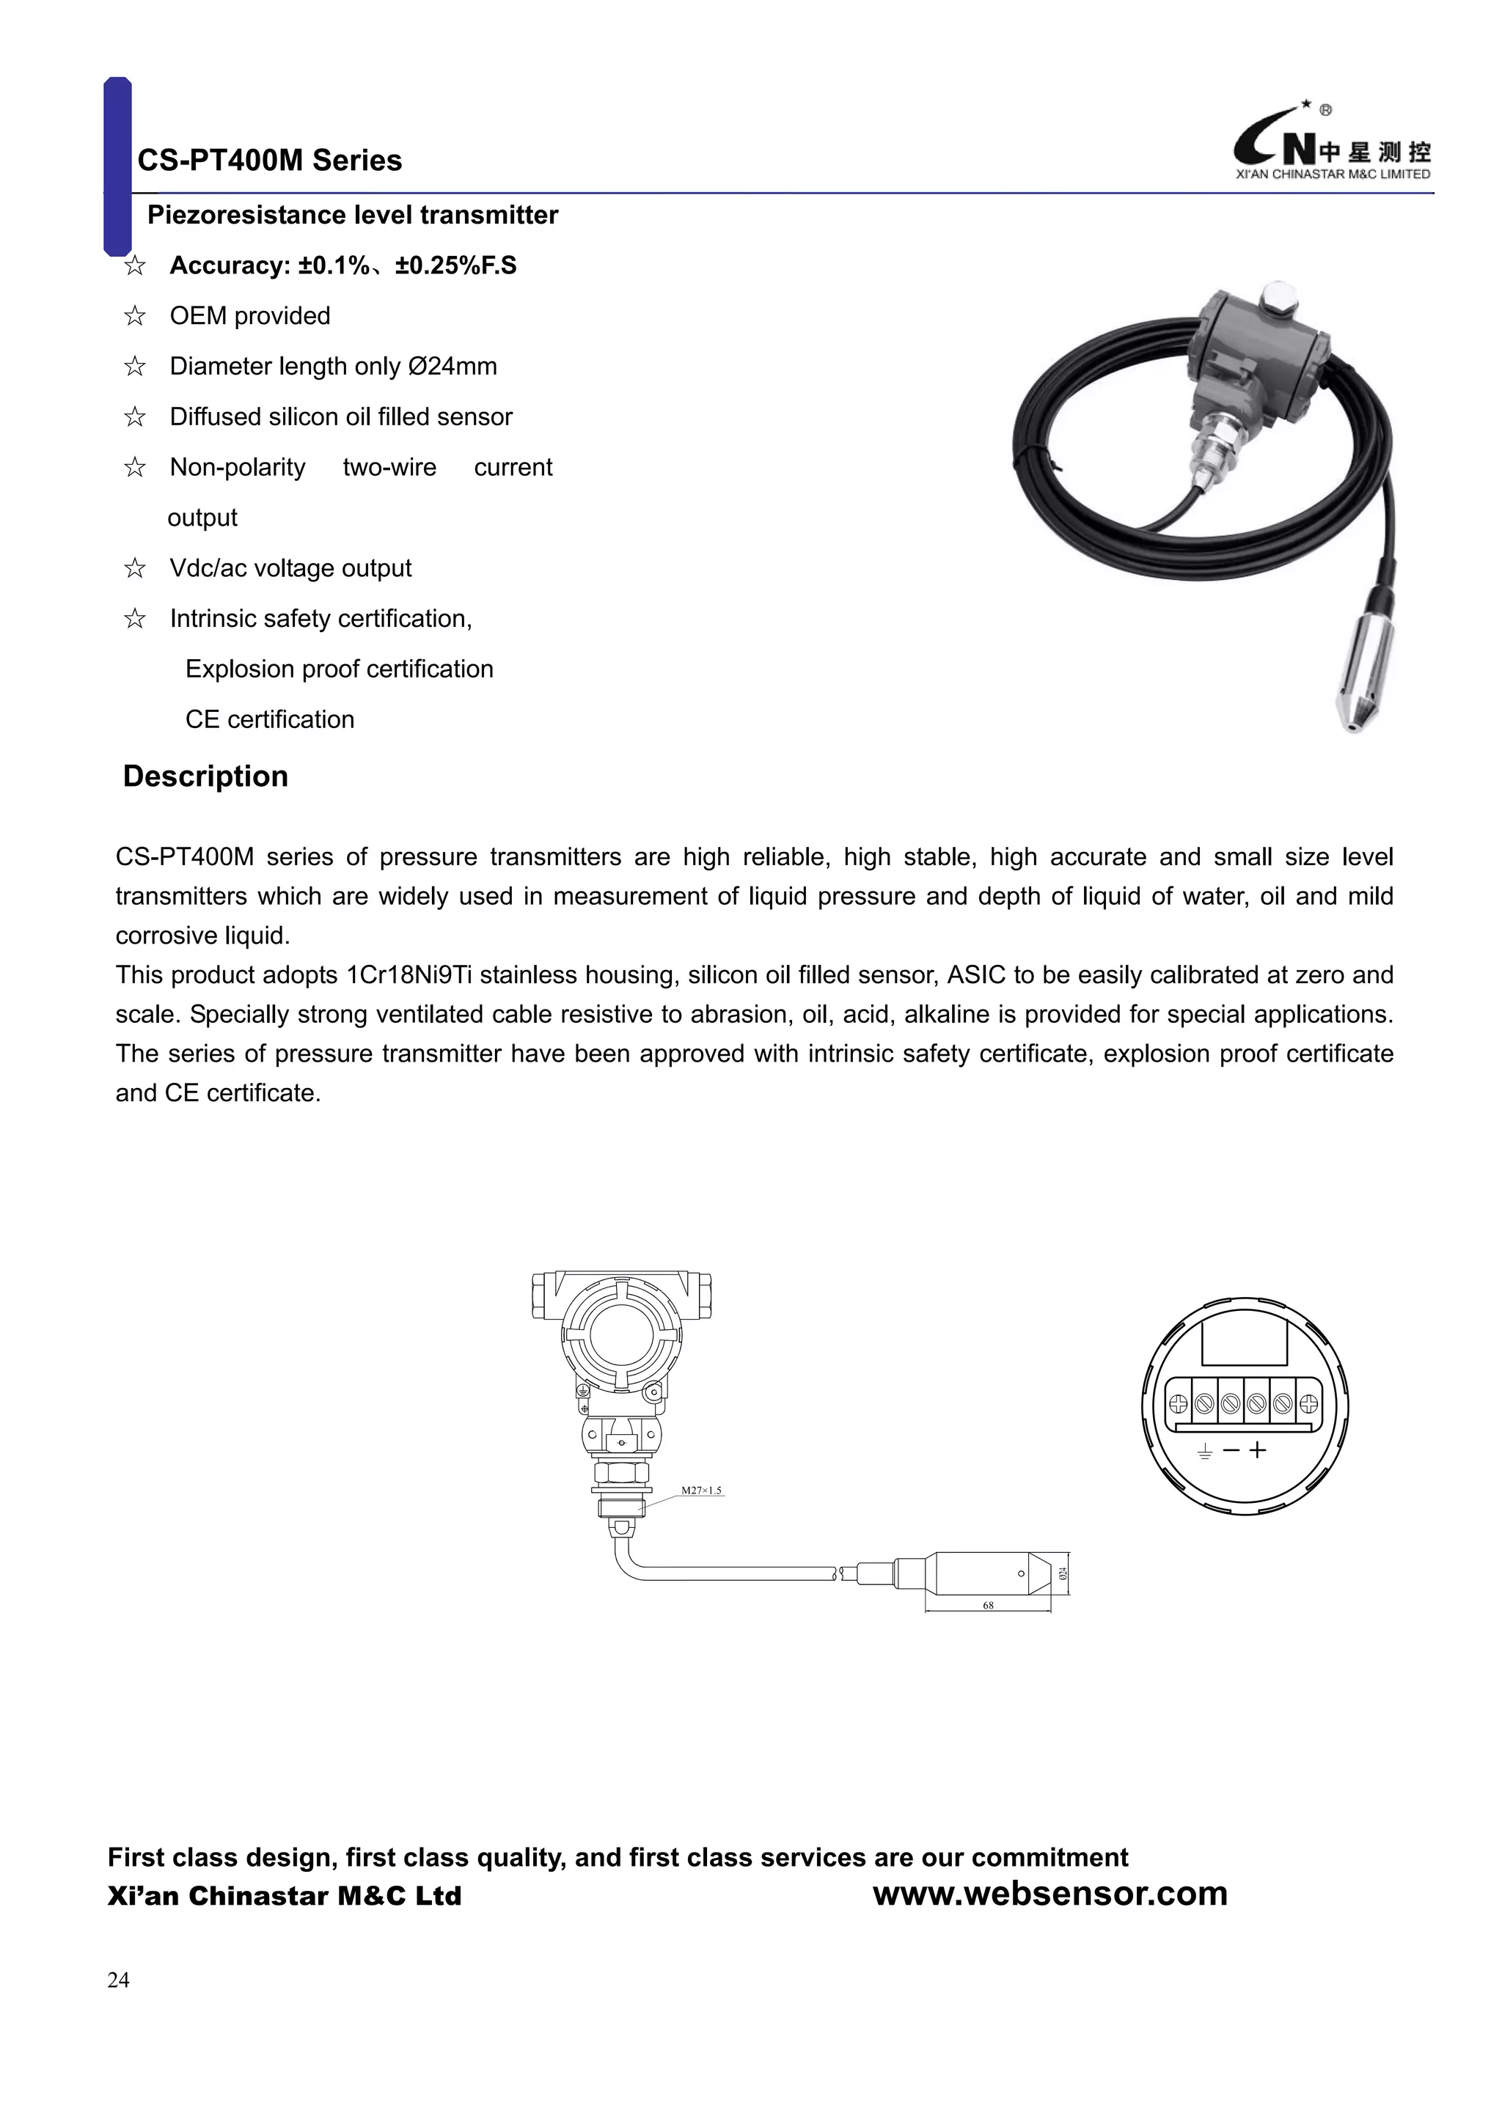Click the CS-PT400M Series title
pyautogui.click(x=269, y=160)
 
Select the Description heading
pyautogui.click(x=205, y=776)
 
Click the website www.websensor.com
pyautogui.click(x=1049, y=1894)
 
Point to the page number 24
pyautogui.click(x=119, y=1980)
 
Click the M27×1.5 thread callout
pyautogui.click(x=700, y=1491)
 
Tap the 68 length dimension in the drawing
pyautogui.click(x=987, y=1605)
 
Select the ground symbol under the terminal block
pyautogui.click(x=1204, y=1452)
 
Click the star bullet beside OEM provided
pyautogui.click(x=135, y=317)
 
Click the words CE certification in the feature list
pyautogui.click(x=269, y=720)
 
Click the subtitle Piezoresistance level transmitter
pyautogui.click(x=353, y=216)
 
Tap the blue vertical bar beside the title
pyautogui.click(x=117, y=166)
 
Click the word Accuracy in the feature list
pyautogui.click(x=230, y=265)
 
